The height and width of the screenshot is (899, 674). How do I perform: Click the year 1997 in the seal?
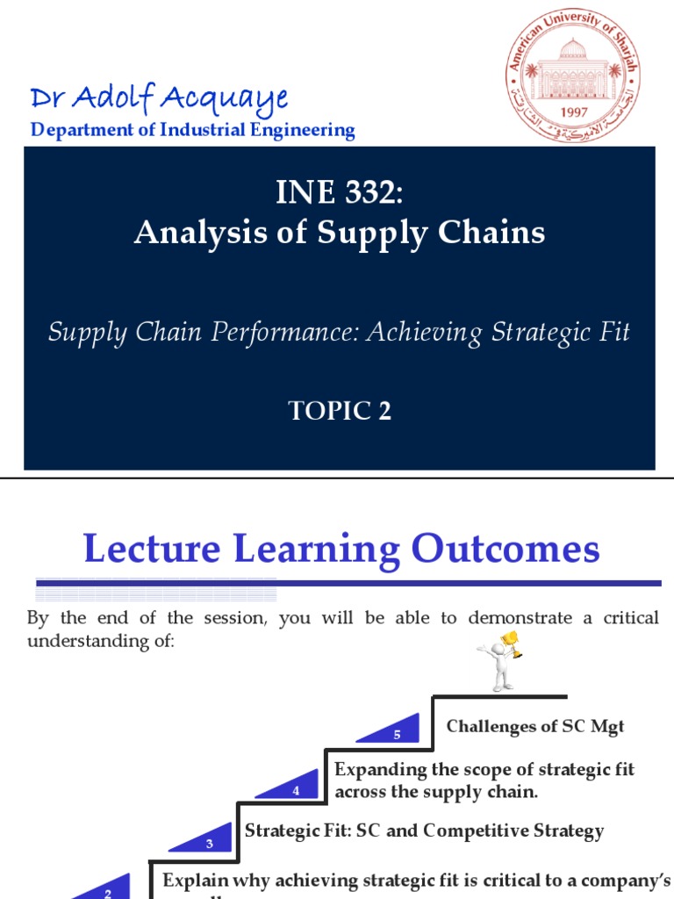[573, 113]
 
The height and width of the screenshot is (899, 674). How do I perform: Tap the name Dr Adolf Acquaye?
[158, 98]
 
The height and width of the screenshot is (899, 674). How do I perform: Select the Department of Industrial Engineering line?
[192, 131]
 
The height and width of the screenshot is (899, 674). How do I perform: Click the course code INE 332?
[340, 193]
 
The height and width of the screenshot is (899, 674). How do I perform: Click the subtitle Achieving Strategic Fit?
[498, 333]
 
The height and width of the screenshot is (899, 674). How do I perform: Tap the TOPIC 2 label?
[340, 410]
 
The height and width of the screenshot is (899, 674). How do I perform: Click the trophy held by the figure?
[510, 644]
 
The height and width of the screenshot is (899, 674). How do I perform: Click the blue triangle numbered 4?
[292, 787]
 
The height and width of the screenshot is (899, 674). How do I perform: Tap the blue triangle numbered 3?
[206, 840]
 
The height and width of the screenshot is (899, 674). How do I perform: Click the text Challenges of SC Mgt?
[535, 726]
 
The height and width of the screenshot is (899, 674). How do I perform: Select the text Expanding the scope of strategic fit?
[484, 770]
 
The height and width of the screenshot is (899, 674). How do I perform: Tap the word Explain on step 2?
[196, 880]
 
